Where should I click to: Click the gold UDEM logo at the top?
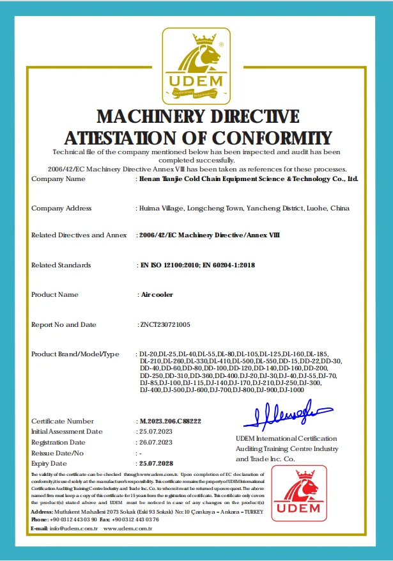tap(196, 66)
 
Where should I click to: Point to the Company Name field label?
tap(58, 179)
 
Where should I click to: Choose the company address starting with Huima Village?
tap(243, 209)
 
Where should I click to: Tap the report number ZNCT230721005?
tap(165, 325)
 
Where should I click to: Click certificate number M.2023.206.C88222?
tap(171, 422)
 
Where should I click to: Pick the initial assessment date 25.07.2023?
tap(155, 432)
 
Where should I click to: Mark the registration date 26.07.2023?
tap(155, 442)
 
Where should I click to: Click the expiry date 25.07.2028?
tap(157, 463)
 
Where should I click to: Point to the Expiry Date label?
tap(49, 463)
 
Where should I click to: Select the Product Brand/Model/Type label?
tap(75, 354)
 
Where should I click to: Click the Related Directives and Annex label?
tap(79, 235)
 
